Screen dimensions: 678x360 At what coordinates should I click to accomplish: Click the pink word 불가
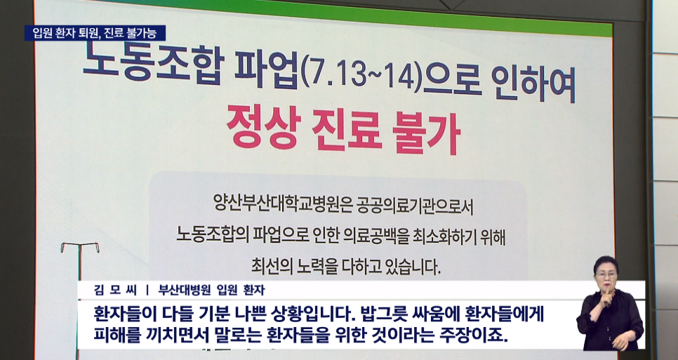425,132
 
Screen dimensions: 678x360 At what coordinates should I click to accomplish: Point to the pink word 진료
345,129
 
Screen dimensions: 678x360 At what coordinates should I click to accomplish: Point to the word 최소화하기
454,236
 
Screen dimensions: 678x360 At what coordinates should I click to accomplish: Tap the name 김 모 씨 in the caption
115,290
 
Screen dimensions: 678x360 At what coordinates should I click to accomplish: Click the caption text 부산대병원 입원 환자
211,290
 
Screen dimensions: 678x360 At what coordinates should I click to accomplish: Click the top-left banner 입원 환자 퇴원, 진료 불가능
95,33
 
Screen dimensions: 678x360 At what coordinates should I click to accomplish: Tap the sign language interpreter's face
606,274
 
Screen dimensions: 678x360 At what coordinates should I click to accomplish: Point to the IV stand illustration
79,260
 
